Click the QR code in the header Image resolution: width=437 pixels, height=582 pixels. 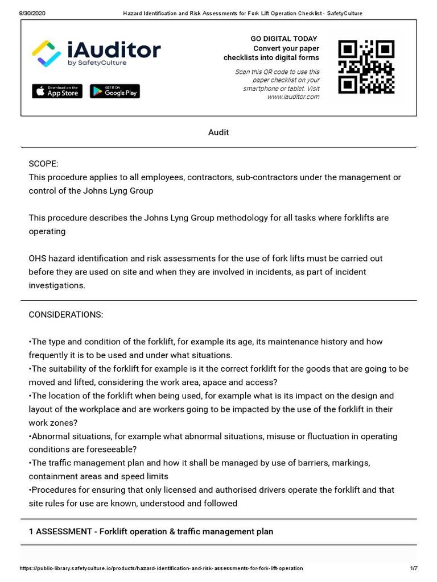(x=366, y=66)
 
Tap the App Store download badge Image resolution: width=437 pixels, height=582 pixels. (x=57, y=91)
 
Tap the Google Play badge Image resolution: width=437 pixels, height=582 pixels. (x=114, y=91)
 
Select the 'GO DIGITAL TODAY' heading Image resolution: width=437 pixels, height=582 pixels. (x=284, y=39)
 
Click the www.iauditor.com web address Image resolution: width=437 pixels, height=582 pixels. (x=293, y=97)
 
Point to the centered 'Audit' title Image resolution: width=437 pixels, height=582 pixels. (x=218, y=132)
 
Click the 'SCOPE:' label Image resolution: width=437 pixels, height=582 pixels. (x=44, y=164)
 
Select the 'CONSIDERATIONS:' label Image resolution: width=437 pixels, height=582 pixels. (x=66, y=315)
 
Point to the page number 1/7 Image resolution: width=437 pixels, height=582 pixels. (x=414, y=568)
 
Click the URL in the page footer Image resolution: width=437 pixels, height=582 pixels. (x=161, y=568)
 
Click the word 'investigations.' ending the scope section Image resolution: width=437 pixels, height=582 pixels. (x=57, y=286)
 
